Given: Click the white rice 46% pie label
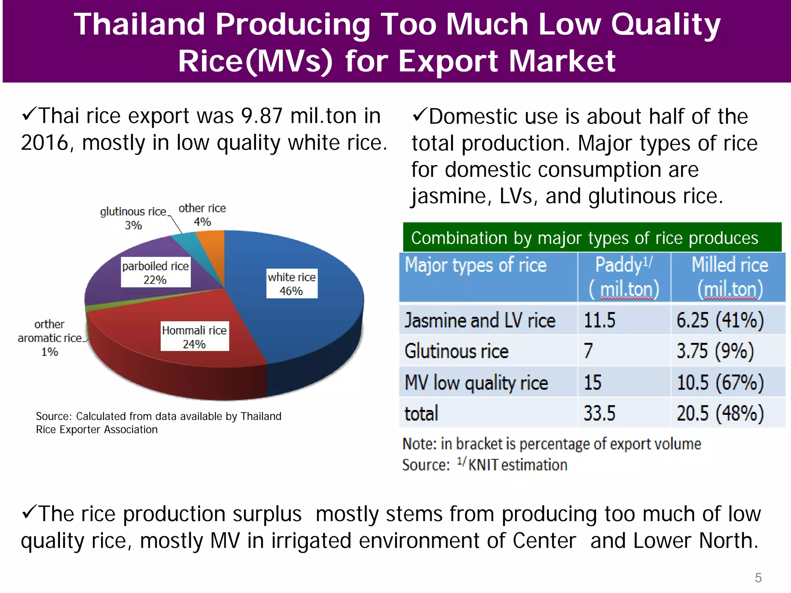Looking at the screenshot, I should click(292, 283).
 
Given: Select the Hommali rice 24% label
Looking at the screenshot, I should click(194, 336).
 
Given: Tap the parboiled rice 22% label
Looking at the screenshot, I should click(155, 272).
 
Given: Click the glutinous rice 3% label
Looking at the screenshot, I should click(133, 218).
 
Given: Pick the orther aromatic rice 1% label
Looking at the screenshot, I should click(49, 338).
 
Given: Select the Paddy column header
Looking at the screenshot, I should click(624, 277).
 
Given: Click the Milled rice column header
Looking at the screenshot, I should click(729, 277).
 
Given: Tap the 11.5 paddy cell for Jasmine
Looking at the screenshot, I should click(599, 320).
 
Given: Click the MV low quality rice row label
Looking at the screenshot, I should click(476, 383).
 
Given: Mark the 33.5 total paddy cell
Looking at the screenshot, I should click(599, 413).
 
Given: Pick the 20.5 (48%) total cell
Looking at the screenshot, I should click(720, 413).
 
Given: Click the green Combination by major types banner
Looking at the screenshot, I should click(592, 237).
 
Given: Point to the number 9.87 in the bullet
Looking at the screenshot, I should click(261, 116).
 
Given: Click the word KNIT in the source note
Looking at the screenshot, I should click(483, 465).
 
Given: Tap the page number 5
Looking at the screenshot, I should click(758, 578).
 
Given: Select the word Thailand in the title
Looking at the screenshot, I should click(139, 24).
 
